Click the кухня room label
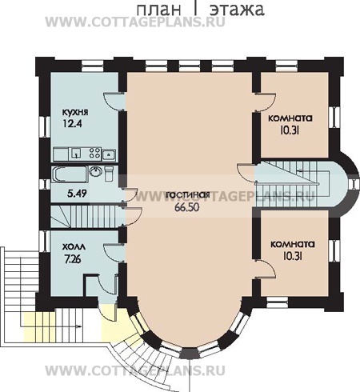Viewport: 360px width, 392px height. [x=75, y=112]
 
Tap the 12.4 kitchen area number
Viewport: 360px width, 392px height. [x=72, y=123]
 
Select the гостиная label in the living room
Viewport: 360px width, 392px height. [x=188, y=194]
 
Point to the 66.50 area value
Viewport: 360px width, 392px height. [x=187, y=207]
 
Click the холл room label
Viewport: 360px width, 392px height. [x=74, y=247]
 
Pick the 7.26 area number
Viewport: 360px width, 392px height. [x=73, y=258]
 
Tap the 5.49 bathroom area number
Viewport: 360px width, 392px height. [x=77, y=193]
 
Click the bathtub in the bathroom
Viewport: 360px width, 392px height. [x=70, y=174]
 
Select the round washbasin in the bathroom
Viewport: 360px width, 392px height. [x=94, y=171]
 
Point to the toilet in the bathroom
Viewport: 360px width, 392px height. [x=109, y=173]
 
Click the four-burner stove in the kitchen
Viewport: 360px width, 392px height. [x=95, y=154]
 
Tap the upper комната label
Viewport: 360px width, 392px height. [x=290, y=118]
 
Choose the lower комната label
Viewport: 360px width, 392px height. [x=293, y=244]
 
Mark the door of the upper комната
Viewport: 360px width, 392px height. [x=265, y=102]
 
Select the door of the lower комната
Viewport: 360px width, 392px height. [x=266, y=269]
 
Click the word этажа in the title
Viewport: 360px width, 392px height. [x=237, y=10]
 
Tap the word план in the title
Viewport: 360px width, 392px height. [x=158, y=10]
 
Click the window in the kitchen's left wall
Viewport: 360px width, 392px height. [x=42, y=127]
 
